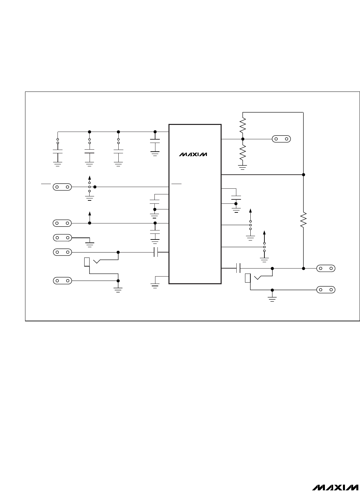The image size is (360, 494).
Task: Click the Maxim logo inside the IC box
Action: (x=193, y=154)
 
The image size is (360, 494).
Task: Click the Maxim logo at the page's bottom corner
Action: (x=335, y=487)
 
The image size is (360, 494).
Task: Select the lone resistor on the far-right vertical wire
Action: (x=303, y=220)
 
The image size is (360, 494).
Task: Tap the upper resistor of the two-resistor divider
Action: (x=243, y=125)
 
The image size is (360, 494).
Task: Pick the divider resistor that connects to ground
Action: (x=243, y=152)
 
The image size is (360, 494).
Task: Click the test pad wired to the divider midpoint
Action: (x=281, y=139)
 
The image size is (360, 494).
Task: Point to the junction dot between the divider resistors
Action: (x=243, y=139)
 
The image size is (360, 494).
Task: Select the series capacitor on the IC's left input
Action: (x=156, y=252)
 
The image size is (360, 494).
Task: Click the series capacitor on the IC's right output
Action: (x=238, y=268)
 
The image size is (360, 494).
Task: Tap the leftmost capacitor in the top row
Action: (x=57, y=152)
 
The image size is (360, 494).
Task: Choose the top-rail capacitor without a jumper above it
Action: (x=155, y=141)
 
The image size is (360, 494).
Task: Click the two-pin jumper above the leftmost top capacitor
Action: (x=57, y=141)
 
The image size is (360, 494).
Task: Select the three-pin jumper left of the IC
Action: (x=89, y=187)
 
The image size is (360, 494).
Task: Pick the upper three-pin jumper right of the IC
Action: (x=250, y=225)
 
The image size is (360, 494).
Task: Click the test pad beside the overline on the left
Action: (x=62, y=187)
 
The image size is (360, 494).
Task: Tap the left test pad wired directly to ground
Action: (x=63, y=238)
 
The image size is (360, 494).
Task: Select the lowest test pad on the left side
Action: (x=63, y=281)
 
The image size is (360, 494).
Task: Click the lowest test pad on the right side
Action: (x=326, y=290)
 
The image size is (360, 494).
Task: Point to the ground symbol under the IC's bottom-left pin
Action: (x=155, y=286)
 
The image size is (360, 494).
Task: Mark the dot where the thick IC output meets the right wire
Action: (x=304, y=175)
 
